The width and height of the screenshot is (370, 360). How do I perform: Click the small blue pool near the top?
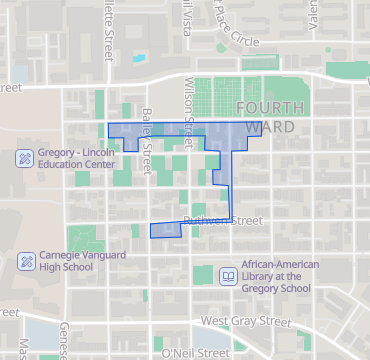138,56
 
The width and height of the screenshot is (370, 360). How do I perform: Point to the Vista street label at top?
185,14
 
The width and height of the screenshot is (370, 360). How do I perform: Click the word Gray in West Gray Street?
247,321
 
